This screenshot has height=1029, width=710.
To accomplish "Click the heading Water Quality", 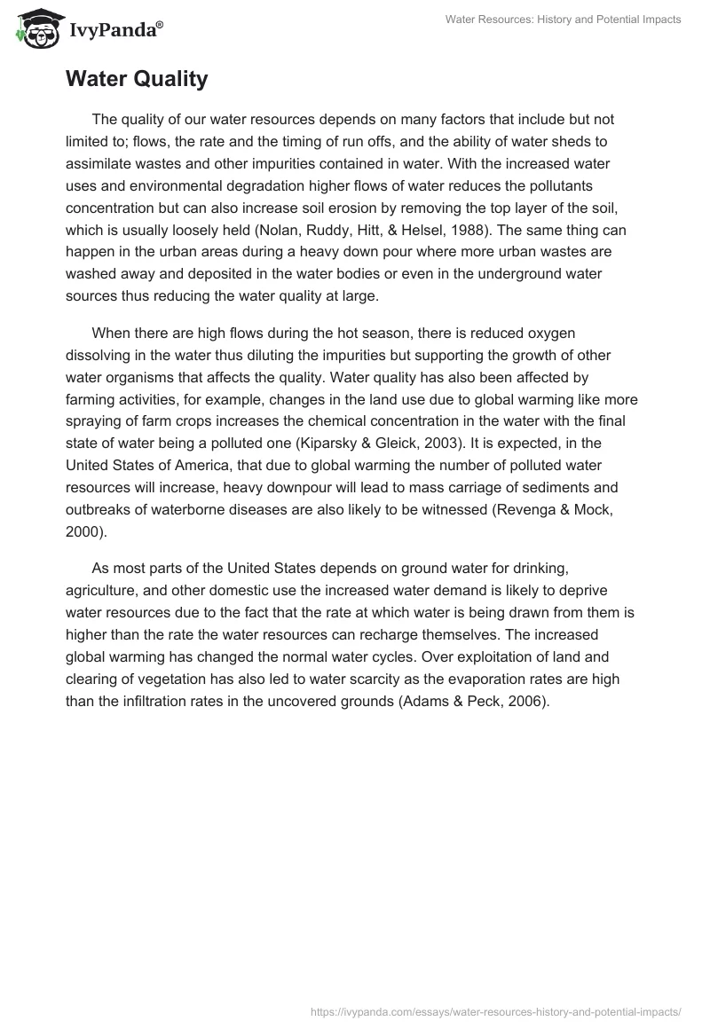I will pos(137,79).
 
